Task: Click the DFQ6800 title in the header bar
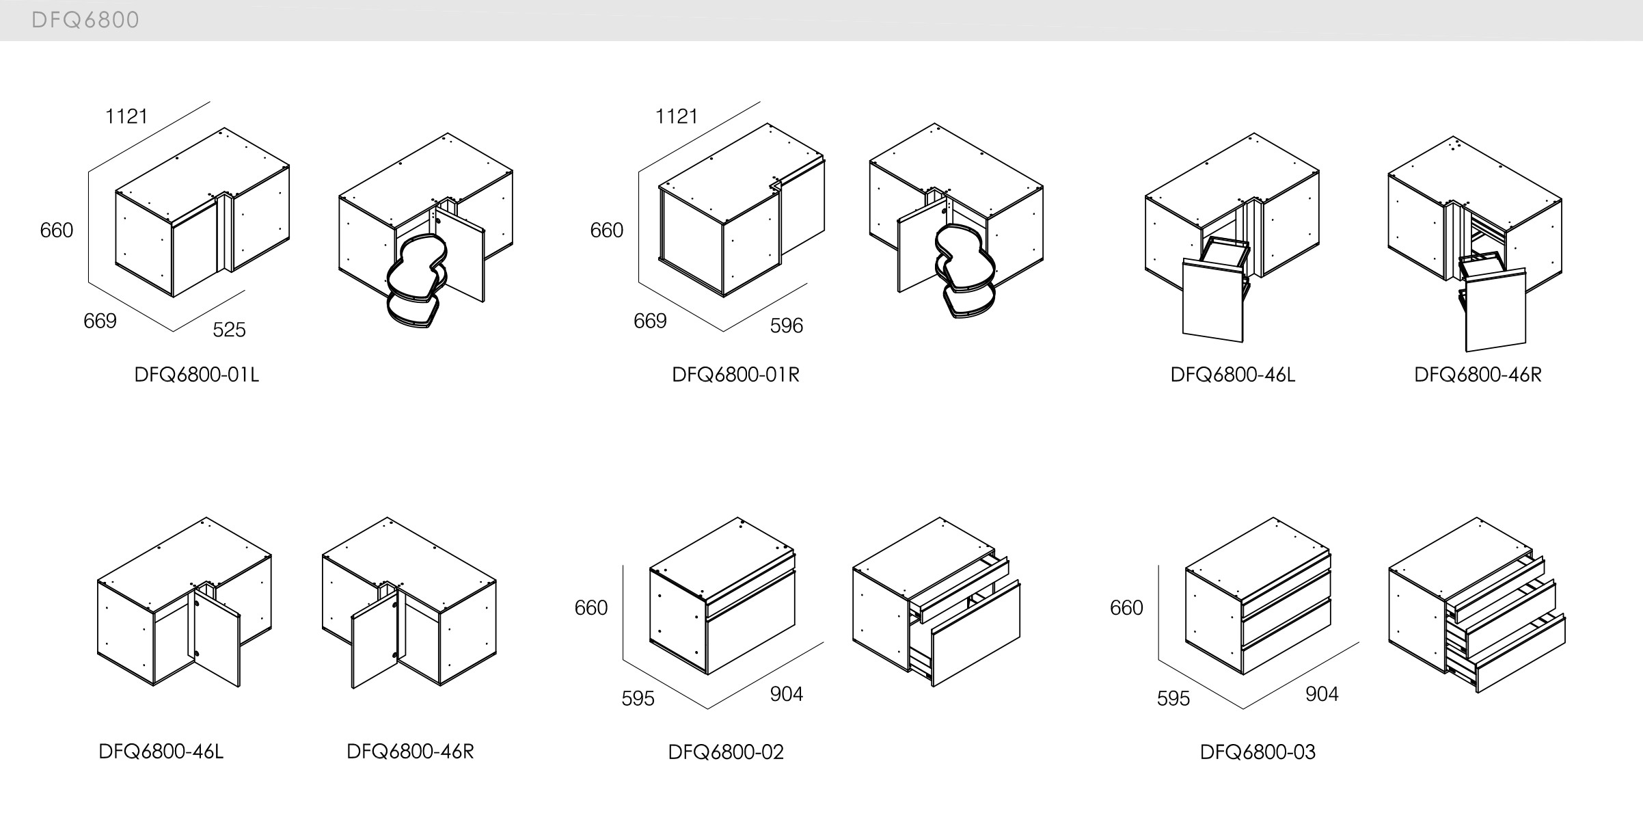(85, 21)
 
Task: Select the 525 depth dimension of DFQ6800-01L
(229, 330)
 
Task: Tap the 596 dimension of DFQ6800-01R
(786, 326)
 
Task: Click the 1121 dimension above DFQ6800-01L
(126, 117)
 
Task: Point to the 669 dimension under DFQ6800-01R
(649, 321)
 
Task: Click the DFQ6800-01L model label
(197, 375)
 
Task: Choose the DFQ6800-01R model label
(735, 375)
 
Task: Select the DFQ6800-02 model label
(726, 752)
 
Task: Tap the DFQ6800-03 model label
(1258, 752)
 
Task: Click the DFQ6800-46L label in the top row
(1232, 375)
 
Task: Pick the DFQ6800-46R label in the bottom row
(410, 752)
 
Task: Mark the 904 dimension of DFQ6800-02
(786, 694)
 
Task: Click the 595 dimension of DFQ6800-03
(1173, 698)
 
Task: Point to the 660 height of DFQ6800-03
(1126, 608)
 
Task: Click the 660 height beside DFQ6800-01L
(57, 230)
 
